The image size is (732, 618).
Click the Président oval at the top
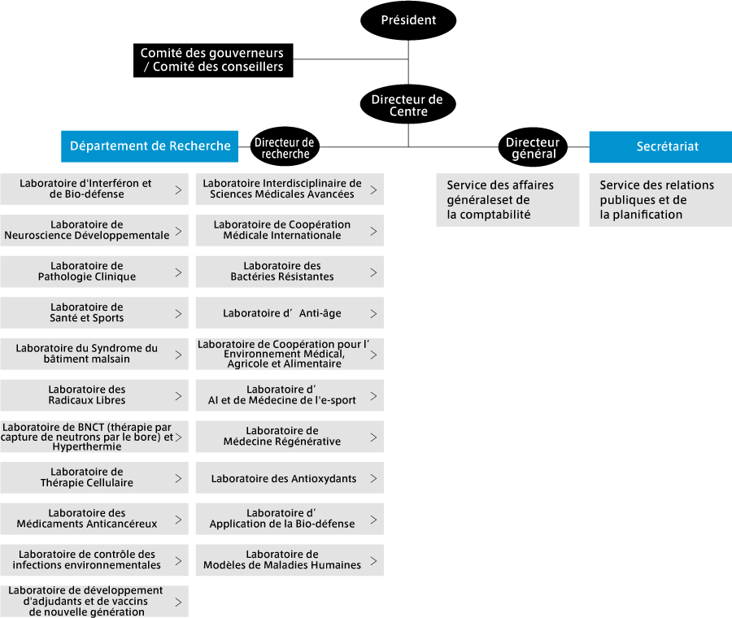click(408, 20)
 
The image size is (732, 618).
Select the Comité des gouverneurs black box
click(213, 60)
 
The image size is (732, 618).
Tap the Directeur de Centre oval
click(408, 104)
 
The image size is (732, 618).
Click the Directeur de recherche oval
click(285, 146)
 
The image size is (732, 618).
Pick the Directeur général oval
click(533, 147)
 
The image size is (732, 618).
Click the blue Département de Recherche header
click(150, 146)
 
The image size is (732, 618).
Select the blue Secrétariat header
click(660, 147)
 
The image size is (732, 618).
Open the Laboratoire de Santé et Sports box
click(94, 313)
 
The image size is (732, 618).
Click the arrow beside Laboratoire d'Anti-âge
click(373, 314)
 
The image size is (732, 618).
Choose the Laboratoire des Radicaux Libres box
click(94, 395)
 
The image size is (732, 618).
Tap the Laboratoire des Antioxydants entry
click(290, 478)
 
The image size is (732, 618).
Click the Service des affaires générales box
click(508, 200)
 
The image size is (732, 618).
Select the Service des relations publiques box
click(660, 200)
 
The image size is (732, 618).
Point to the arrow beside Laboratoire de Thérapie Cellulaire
click(178, 478)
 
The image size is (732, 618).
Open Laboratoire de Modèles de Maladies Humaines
click(290, 560)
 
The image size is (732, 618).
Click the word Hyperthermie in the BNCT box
click(87, 446)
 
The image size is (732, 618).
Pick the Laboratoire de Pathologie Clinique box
click(94, 272)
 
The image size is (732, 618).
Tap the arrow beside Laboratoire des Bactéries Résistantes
click(373, 272)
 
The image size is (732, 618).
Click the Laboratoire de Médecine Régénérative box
click(290, 437)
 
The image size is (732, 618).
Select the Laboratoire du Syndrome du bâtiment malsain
click(94, 355)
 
